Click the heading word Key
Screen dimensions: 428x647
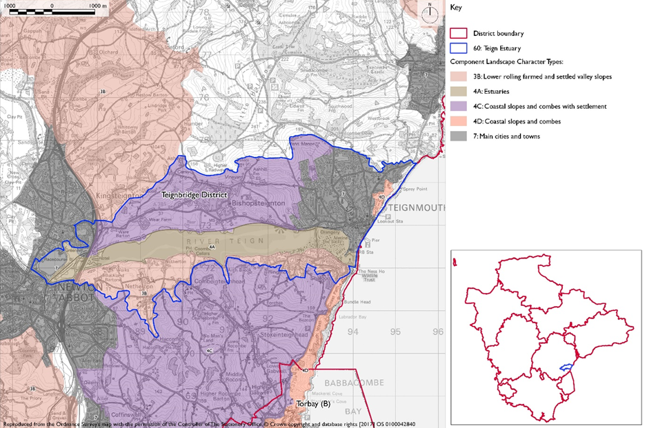pos(456,8)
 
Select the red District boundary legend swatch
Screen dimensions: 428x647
pos(458,33)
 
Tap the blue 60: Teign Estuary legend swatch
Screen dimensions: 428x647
pos(458,48)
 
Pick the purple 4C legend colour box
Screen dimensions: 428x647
pos(458,106)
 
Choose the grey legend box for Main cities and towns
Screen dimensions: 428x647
pos(458,136)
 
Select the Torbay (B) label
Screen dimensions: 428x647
pos(311,402)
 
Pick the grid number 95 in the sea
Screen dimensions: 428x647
pos(395,332)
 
